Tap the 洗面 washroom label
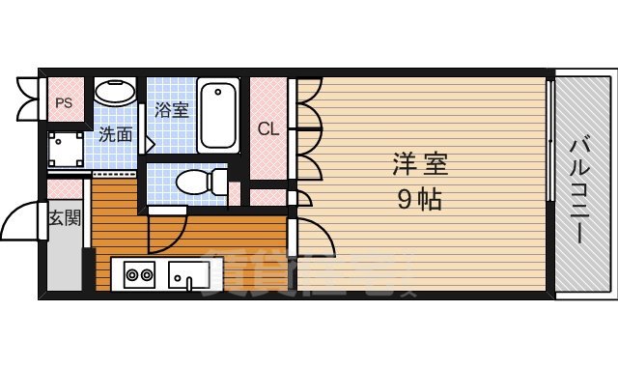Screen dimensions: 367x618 click(x=115, y=135)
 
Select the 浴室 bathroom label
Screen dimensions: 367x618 click(x=172, y=109)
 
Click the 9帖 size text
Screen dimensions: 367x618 click(x=420, y=200)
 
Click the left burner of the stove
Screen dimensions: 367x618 click(x=133, y=274)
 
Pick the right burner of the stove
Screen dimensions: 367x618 click(x=148, y=274)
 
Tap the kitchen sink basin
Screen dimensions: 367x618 click(x=189, y=274)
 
